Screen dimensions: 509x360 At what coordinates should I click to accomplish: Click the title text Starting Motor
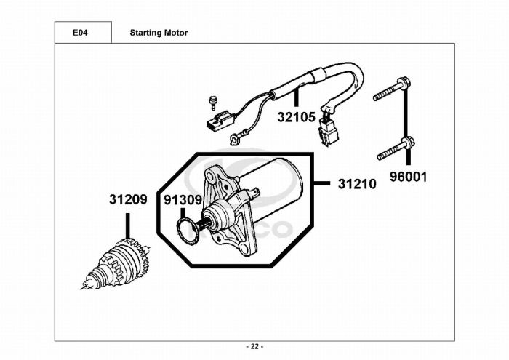[158, 33]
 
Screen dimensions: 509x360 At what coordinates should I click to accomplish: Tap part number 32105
[297, 116]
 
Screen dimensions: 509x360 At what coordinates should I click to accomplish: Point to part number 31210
[356, 184]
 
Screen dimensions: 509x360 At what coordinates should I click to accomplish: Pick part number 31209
[129, 199]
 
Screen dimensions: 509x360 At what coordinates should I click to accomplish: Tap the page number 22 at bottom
[254, 345]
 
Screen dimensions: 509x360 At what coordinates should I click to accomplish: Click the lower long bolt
[396, 148]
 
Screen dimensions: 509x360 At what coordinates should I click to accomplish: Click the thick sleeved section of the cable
[316, 76]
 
